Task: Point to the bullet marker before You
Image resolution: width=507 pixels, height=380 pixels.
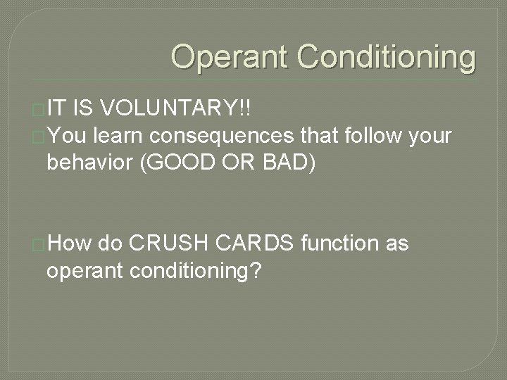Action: point(39,135)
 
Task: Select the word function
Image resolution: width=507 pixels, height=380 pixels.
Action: point(339,244)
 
